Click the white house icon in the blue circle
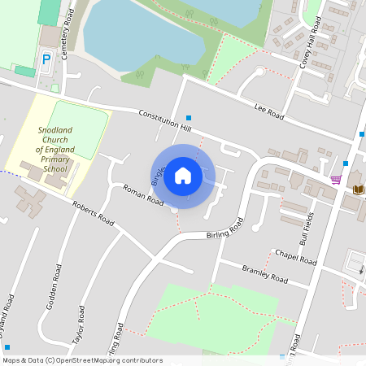point(183,175)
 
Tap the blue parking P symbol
point(46,59)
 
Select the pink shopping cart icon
point(336,179)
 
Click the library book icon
point(357,190)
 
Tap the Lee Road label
point(269,111)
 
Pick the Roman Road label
point(143,196)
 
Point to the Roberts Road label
point(93,212)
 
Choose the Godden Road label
point(58,281)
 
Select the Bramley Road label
point(265,274)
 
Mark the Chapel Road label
point(295,258)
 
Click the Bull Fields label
point(306,229)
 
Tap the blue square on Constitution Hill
point(189,118)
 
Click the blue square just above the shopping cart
point(345,163)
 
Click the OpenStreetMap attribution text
point(82,360)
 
